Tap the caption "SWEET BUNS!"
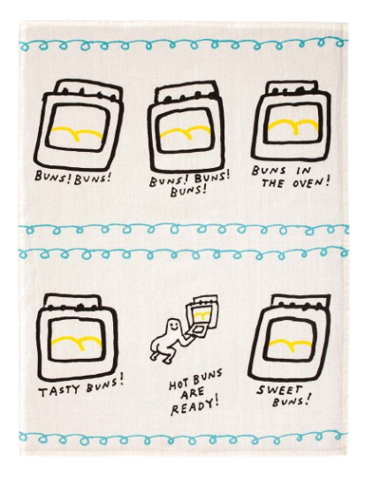click(283, 394)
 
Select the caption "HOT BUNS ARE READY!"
click(195, 392)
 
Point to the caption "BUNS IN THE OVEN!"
click(290, 177)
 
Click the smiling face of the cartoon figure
click(175, 327)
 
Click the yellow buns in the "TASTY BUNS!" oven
click(76, 341)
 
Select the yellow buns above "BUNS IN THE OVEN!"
click(293, 125)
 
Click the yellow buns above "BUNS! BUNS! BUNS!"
click(186, 132)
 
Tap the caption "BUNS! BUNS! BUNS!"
click(190, 182)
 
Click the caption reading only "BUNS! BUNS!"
click(72, 177)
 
